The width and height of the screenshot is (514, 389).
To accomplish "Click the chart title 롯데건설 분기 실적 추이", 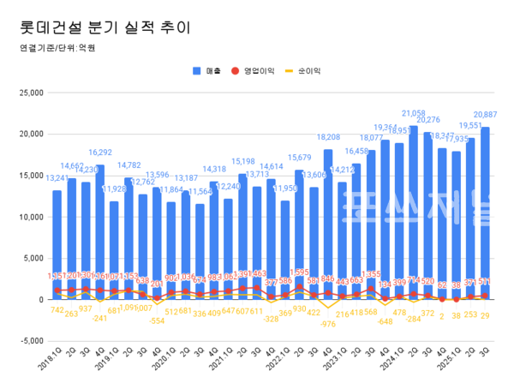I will pos(105,27).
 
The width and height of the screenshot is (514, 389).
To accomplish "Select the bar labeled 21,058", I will pos(439,214).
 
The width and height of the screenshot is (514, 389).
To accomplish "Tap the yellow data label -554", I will pos(156,320).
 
